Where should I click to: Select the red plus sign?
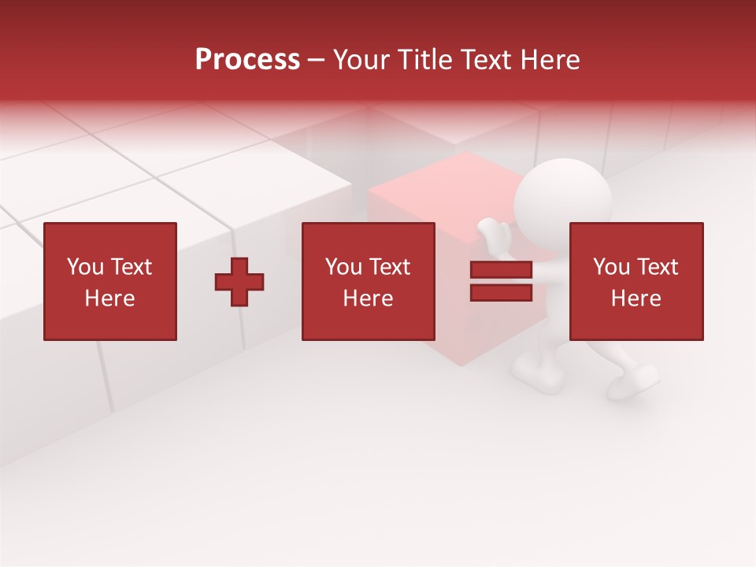(x=239, y=281)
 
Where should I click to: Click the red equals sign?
(x=501, y=281)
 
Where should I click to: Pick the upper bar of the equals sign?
(x=501, y=270)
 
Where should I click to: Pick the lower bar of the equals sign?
(x=501, y=293)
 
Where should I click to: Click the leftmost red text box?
(x=110, y=281)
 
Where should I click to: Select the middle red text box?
(x=368, y=281)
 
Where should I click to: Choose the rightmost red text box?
(x=636, y=281)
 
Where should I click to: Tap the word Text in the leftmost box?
(x=131, y=267)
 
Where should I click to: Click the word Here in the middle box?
(x=368, y=298)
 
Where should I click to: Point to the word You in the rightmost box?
(x=611, y=267)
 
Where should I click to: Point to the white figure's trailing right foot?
(x=636, y=384)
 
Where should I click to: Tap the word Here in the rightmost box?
(x=636, y=298)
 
